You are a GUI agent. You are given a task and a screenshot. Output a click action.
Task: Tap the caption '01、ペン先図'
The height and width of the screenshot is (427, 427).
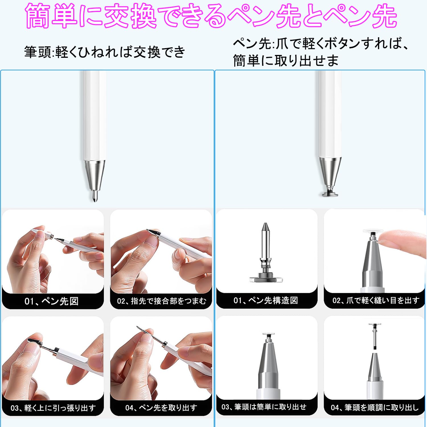pyautogui.click(x=52, y=301)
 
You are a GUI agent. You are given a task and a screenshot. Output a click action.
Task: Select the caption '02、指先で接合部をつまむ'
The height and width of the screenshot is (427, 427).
pyautogui.click(x=161, y=301)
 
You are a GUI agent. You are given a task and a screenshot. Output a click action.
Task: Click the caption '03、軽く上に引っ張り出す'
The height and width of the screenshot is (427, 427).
pyautogui.click(x=53, y=408)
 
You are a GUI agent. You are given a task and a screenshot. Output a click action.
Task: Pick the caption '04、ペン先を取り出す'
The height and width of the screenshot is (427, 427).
pyautogui.click(x=161, y=408)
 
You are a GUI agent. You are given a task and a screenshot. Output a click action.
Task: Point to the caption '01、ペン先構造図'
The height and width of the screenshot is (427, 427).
pyautogui.click(x=266, y=300)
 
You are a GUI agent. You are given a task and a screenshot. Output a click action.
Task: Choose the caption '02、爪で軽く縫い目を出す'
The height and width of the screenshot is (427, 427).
pyautogui.click(x=376, y=300)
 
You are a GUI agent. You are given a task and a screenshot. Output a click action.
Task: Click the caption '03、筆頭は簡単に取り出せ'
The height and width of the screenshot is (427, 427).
pyautogui.click(x=264, y=407)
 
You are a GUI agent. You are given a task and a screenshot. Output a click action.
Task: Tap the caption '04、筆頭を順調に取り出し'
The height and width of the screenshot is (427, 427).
pyautogui.click(x=375, y=407)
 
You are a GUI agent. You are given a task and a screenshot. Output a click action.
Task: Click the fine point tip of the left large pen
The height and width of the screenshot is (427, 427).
pyautogui.click(x=95, y=196)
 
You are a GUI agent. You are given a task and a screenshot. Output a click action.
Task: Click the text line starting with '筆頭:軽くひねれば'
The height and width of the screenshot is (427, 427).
pyautogui.click(x=105, y=52)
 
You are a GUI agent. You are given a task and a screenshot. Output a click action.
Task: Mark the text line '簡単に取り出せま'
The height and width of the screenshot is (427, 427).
pyautogui.click(x=286, y=61)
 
